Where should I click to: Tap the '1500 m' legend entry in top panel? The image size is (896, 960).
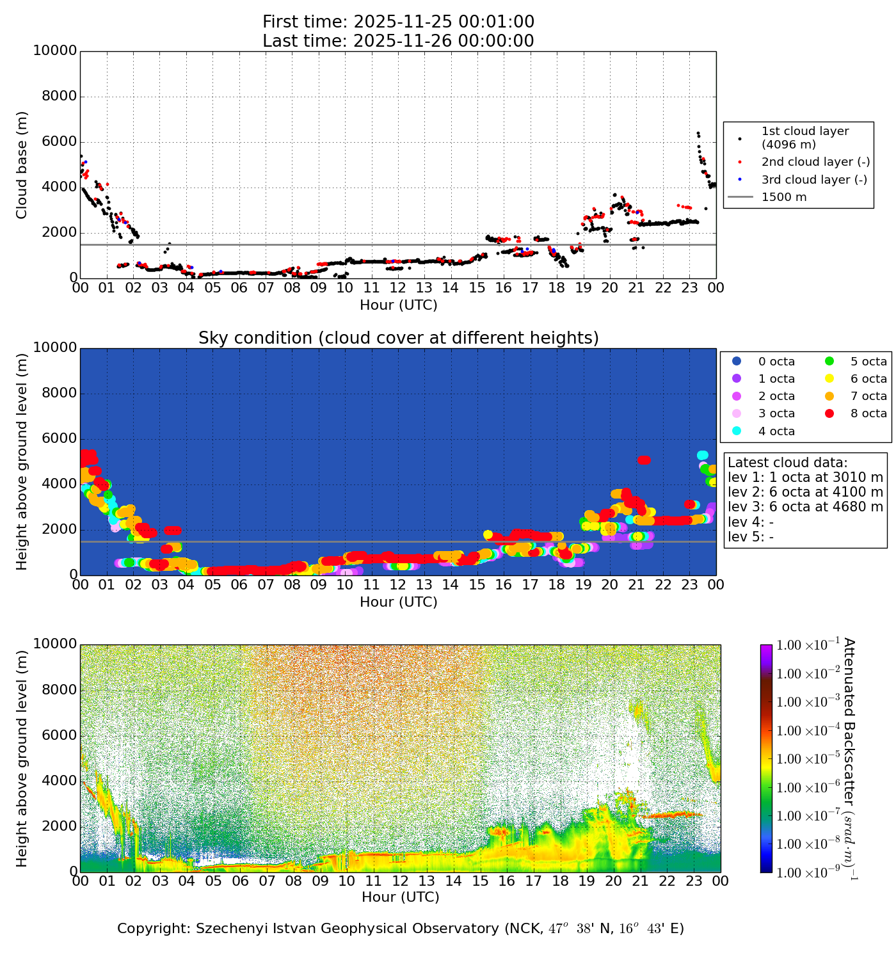(784, 197)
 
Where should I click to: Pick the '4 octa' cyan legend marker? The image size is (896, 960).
(736, 431)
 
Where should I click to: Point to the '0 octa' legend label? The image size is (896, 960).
(776, 362)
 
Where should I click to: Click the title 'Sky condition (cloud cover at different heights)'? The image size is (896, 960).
(398, 338)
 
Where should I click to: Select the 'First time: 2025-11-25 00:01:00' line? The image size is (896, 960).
(398, 22)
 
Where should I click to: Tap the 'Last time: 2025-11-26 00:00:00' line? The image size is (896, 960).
(398, 41)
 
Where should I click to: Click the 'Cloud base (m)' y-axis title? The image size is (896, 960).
(22, 164)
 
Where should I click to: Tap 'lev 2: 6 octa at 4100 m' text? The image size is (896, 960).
(805, 492)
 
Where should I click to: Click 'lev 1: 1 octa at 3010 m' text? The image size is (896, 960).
(805, 477)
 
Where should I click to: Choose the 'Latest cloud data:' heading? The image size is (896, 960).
(787, 463)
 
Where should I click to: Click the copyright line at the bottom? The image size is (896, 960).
(401, 929)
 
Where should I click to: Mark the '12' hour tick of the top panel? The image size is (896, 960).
(397, 288)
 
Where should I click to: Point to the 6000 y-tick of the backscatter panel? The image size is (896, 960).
(59, 735)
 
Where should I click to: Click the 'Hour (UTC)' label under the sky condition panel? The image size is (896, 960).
(398, 602)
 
